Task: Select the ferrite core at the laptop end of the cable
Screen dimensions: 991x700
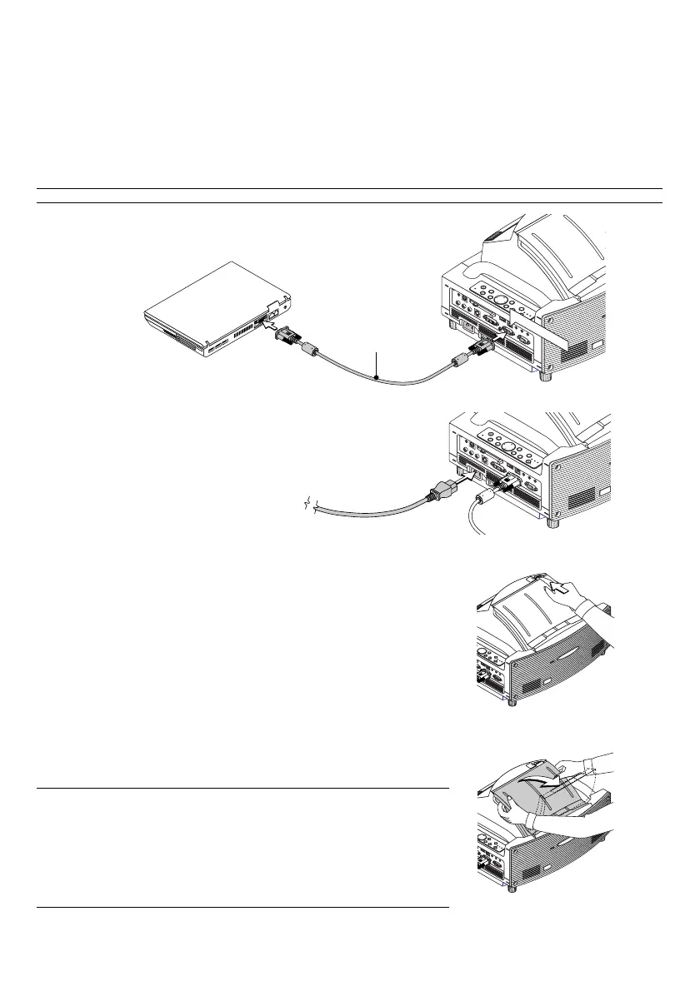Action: (x=309, y=350)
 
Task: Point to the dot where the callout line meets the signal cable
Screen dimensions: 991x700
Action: (x=377, y=380)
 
